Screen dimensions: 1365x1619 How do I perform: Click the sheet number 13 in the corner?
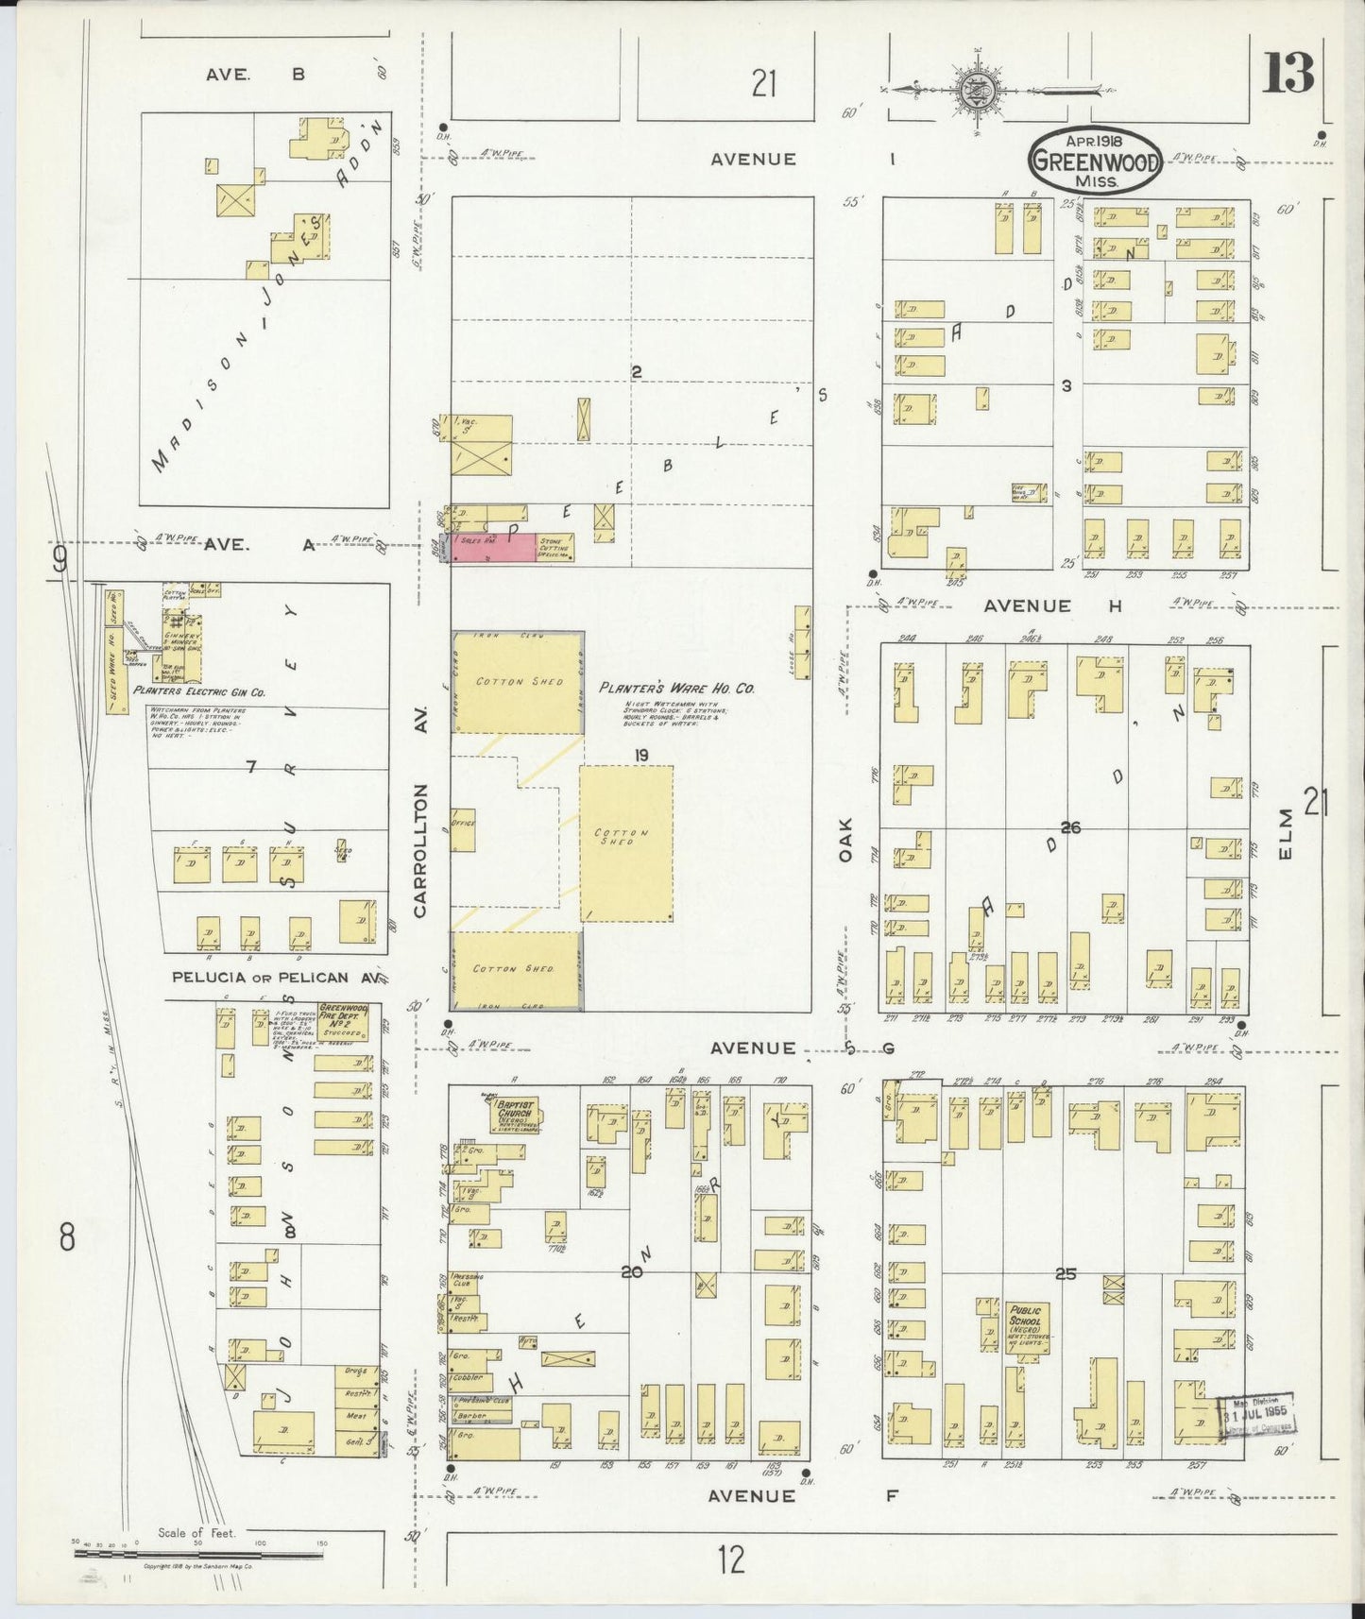click(1288, 74)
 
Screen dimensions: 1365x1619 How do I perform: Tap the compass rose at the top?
click(973, 91)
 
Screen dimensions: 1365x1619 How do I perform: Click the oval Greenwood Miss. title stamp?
click(1095, 161)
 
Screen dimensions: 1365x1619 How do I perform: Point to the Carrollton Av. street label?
click(421, 851)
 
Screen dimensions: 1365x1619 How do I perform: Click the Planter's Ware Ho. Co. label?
click(677, 689)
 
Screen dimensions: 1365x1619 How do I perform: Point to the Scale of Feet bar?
click(198, 1553)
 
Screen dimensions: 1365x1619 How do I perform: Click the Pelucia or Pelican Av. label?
click(260, 978)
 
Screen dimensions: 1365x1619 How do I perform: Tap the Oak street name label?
click(845, 840)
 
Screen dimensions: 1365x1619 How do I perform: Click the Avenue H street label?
click(1027, 605)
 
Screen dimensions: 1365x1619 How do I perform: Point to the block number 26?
click(1069, 827)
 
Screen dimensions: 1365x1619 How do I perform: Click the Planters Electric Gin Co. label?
click(199, 691)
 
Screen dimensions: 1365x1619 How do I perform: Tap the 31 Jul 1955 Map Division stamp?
click(1255, 1417)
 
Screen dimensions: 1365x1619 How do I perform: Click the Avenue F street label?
click(753, 1495)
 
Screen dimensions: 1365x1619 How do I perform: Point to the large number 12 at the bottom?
click(730, 1559)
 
